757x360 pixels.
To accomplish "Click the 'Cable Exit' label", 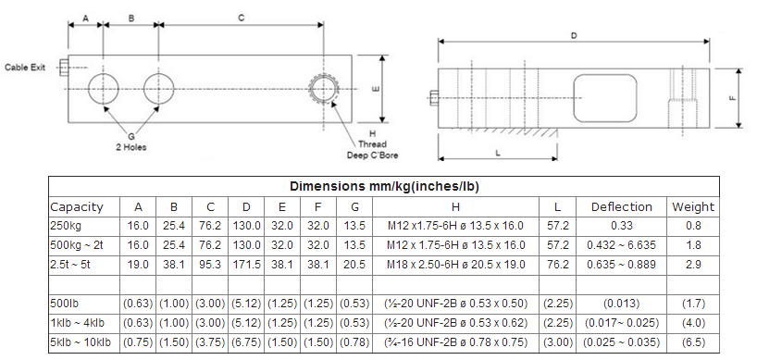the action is (x=25, y=68).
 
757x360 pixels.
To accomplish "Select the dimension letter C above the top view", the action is (x=242, y=19).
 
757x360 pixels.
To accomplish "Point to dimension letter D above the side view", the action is (x=574, y=36).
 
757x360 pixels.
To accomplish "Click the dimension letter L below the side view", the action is (x=498, y=153).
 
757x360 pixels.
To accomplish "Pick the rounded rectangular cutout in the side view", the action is (x=605, y=98).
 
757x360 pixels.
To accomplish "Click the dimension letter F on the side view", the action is (x=733, y=97).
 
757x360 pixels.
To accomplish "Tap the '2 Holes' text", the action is (x=131, y=147).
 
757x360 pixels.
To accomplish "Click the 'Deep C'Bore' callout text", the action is (x=372, y=155).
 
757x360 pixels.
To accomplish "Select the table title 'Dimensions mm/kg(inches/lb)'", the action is (x=384, y=186).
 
